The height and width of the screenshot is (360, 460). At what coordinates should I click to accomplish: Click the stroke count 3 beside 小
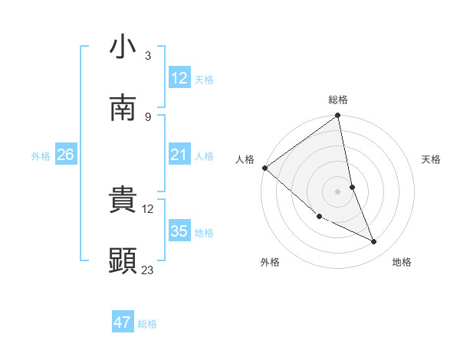[147, 56]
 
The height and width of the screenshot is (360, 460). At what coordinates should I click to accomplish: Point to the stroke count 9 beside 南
[147, 116]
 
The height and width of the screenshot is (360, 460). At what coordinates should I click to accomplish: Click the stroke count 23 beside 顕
[148, 269]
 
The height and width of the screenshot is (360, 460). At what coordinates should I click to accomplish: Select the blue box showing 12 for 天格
[179, 77]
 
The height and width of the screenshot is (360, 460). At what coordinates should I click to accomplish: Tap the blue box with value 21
[179, 155]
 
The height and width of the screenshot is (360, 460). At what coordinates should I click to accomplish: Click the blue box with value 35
[179, 231]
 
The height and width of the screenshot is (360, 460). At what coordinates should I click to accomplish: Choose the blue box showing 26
[65, 155]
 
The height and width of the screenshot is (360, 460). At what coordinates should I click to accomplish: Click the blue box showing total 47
[122, 322]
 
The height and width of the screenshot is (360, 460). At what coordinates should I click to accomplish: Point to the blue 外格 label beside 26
[41, 155]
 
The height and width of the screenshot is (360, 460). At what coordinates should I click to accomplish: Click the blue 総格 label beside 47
[147, 323]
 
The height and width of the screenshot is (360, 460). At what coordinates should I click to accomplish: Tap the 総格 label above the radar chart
[338, 100]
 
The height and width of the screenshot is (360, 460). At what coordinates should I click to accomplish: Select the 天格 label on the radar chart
[431, 159]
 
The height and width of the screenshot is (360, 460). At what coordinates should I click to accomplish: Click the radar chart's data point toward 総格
[338, 116]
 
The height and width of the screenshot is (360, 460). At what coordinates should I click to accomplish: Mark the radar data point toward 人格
[264, 168]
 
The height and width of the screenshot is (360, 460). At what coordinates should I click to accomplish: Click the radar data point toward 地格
[374, 242]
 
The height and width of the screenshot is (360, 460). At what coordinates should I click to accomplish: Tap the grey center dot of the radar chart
[338, 191]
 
